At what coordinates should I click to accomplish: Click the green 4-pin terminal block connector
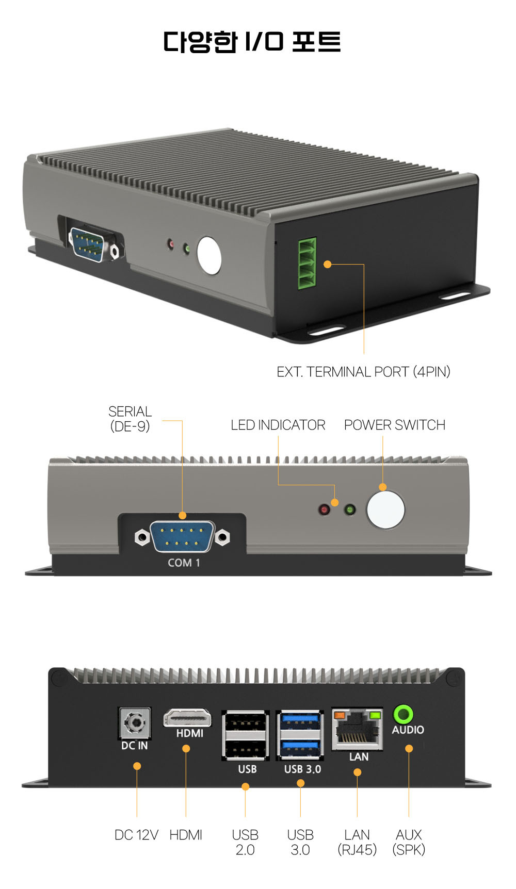307,264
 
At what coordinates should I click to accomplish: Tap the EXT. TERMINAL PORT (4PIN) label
363,372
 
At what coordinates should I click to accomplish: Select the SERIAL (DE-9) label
130,419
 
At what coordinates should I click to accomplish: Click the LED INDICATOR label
278,425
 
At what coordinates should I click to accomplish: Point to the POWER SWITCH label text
395,425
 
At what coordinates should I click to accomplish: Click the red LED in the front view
324,510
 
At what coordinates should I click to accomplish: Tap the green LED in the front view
350,510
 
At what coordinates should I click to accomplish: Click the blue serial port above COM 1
182,537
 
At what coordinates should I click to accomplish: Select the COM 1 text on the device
184,563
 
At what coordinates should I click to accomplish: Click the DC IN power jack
135,723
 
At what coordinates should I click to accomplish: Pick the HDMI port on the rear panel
187,718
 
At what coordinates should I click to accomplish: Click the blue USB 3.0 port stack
300,735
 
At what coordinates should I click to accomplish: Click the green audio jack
403,715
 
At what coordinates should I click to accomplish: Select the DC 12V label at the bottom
136,835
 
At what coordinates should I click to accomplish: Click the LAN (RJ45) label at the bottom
357,842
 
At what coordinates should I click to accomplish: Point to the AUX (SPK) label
409,842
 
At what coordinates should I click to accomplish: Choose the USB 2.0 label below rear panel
245,842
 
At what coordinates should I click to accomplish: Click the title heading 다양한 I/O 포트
252,42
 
